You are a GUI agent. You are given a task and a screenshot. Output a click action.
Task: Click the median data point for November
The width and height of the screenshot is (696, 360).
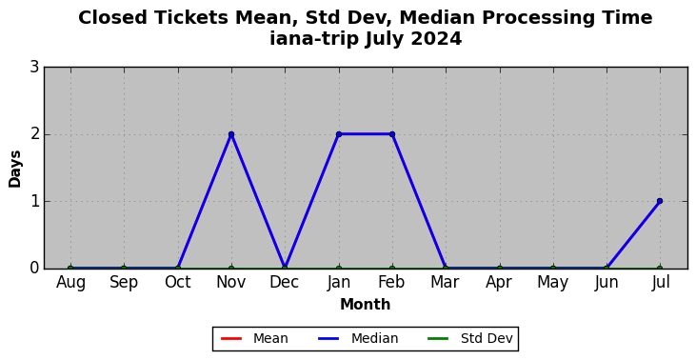231,134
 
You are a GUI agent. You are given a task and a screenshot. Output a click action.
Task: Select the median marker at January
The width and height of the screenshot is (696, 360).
339,134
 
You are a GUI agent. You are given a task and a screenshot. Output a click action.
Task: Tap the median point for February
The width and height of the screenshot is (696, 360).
392,134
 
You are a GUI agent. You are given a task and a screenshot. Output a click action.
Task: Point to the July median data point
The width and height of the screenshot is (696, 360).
660,201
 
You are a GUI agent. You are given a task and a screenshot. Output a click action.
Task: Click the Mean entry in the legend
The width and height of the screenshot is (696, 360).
254,339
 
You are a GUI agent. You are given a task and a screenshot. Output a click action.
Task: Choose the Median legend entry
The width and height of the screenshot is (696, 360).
358,339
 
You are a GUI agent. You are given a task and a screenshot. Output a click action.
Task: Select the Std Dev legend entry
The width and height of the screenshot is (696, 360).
470,339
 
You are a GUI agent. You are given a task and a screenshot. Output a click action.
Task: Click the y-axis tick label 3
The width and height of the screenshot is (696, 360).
34,68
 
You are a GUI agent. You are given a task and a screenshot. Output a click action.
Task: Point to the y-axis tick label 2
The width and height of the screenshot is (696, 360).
34,134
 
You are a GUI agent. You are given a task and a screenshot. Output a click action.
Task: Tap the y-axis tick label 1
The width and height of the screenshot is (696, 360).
34,201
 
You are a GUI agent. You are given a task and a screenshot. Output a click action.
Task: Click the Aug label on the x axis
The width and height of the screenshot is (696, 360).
70,283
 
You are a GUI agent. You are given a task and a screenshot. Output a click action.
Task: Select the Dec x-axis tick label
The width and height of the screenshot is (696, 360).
285,282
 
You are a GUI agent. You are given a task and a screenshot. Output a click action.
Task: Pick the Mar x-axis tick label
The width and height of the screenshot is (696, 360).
446,282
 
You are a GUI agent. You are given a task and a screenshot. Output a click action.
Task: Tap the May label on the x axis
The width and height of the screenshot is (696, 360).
552,283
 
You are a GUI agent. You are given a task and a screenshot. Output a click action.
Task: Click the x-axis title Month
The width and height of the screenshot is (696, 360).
366,305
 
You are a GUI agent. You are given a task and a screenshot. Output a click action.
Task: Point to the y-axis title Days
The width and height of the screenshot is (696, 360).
14,169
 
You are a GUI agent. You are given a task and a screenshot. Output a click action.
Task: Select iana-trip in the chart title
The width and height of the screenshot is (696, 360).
314,39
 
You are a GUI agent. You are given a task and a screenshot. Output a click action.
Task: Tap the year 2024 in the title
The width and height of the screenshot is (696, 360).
437,39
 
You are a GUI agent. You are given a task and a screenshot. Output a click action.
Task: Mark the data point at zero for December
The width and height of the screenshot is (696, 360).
285,269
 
